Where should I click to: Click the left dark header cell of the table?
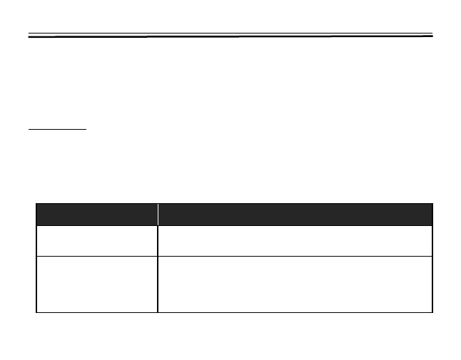[96, 215]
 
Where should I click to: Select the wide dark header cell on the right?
[295, 215]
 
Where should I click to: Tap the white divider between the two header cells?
[158, 215]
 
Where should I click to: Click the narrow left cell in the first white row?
[96, 241]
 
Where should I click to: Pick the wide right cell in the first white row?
[295, 241]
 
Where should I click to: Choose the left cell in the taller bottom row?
[96, 284]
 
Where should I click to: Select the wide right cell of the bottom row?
[295, 284]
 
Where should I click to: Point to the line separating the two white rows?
[234, 256]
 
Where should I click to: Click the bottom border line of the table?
[234, 312]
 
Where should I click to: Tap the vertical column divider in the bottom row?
[158, 284]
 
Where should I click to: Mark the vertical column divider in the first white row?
[158, 241]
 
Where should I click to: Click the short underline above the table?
[56, 130]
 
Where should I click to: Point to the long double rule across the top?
[230, 35]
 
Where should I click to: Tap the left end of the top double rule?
[30, 36]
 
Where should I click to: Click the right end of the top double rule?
[431, 34]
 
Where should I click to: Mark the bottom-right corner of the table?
[432, 312]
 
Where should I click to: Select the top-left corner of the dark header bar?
[36, 205]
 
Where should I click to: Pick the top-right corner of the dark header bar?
[432, 205]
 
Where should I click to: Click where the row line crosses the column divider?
[158, 256]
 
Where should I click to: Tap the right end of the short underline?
[86, 130]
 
